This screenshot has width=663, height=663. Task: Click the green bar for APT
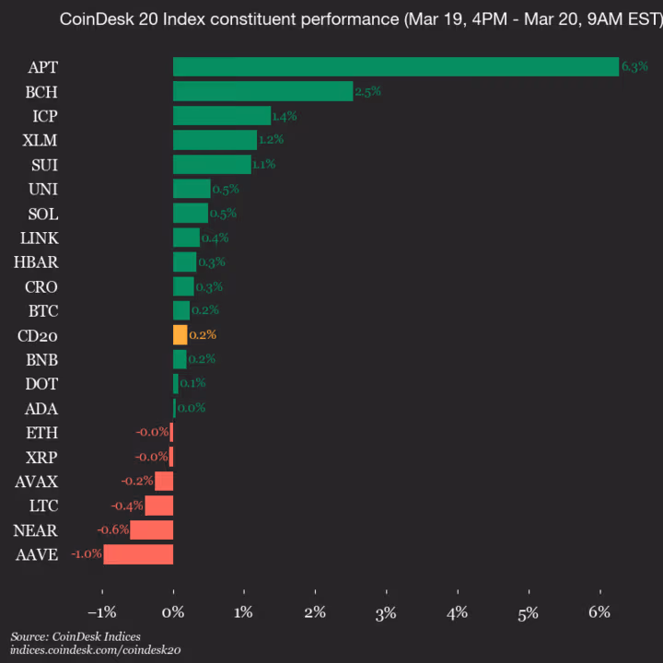click(396, 67)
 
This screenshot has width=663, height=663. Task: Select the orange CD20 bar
click(180, 334)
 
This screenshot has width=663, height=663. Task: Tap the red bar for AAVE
click(138, 554)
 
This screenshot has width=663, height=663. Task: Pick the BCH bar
click(262, 91)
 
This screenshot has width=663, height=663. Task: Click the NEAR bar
click(151, 529)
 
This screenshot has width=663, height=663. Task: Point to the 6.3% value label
click(635, 67)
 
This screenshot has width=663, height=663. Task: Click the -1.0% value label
click(86, 554)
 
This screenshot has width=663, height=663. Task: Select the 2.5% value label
click(367, 91)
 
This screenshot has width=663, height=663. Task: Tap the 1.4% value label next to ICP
click(285, 116)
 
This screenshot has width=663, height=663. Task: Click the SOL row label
click(43, 214)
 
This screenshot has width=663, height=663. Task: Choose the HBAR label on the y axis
click(36, 262)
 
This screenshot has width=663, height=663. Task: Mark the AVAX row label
click(37, 481)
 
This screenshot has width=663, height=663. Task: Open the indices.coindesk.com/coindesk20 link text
click(96, 650)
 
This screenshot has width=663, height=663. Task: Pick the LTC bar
click(158, 506)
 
